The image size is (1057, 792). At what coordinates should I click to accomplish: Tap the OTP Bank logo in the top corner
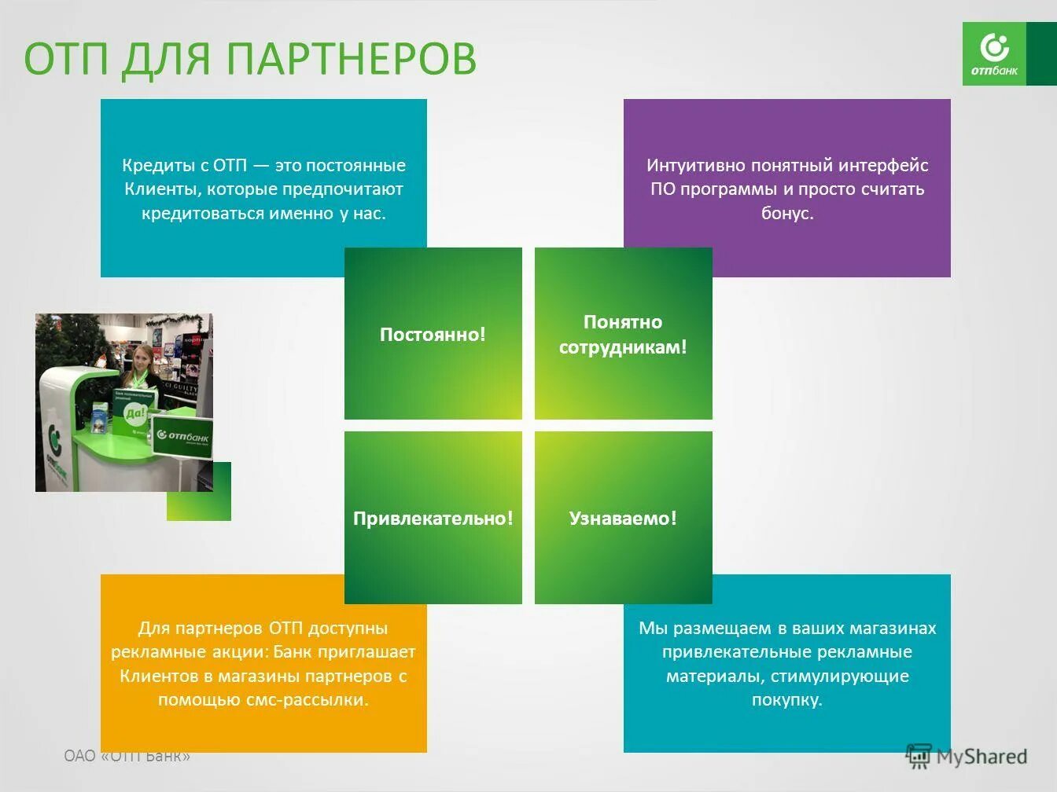(994, 53)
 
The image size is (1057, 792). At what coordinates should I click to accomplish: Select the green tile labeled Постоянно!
(433, 334)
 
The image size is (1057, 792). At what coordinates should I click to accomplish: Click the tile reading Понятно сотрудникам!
(623, 334)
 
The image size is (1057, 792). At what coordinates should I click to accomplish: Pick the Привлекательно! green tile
(433, 518)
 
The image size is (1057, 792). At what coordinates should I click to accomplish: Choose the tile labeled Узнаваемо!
(623, 518)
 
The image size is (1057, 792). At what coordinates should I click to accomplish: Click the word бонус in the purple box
(785, 213)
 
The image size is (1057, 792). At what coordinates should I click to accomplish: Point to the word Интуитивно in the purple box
(695, 165)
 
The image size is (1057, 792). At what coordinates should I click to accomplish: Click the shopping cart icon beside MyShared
(918, 756)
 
